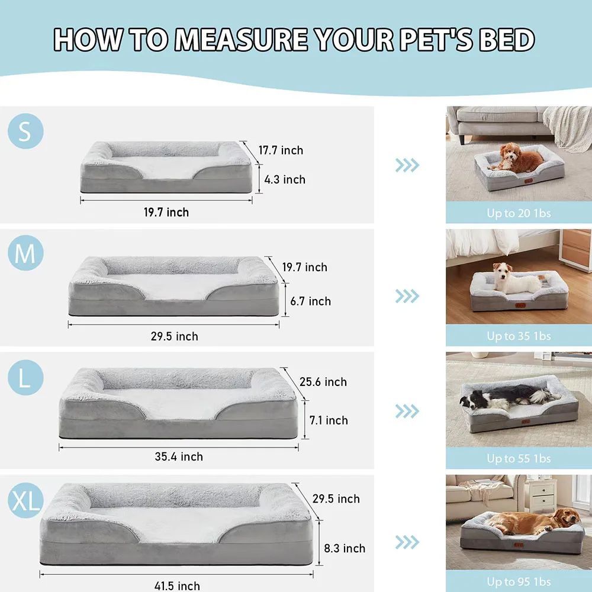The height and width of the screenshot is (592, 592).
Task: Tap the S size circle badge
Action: pyautogui.click(x=25, y=131)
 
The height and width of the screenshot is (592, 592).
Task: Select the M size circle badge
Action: pyautogui.click(x=25, y=254)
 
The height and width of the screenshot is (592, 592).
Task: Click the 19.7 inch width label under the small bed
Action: pyautogui.click(x=166, y=212)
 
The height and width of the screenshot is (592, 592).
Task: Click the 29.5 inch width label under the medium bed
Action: pyautogui.click(x=174, y=336)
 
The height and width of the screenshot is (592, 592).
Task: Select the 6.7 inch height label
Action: pyautogui.click(x=310, y=301)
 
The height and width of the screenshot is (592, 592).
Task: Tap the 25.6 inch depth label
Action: pyautogui.click(x=323, y=382)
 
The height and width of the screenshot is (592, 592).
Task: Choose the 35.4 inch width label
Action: pyautogui.click(x=179, y=456)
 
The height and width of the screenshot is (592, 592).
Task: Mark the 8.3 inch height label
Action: pyautogui.click(x=345, y=548)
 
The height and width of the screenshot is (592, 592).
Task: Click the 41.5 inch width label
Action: pyautogui.click(x=177, y=586)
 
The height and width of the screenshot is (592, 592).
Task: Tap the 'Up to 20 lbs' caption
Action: pyautogui.click(x=519, y=213)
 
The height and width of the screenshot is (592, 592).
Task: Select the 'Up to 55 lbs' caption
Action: pyautogui.click(x=519, y=459)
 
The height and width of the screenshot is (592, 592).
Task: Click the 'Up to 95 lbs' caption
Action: pyautogui.click(x=519, y=582)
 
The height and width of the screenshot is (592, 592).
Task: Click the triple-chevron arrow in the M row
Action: pyautogui.click(x=407, y=295)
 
